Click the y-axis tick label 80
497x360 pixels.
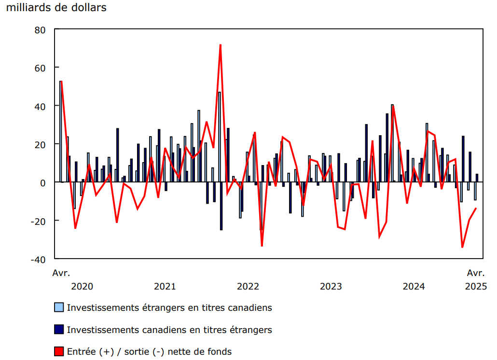pyautogui.click(x=40, y=30)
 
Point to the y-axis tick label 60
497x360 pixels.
pyautogui.click(x=40, y=68)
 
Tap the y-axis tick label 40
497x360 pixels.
pyautogui.click(x=40, y=106)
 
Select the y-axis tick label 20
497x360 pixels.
pyautogui.click(x=40, y=144)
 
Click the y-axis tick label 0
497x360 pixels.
pyautogui.click(x=42, y=182)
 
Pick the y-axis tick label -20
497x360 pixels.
pyautogui.click(x=38, y=221)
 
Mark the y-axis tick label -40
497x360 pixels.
pyautogui.click(x=38, y=259)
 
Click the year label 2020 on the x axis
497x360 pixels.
pyautogui.click(x=82, y=287)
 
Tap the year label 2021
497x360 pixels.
pyautogui.click(x=165, y=287)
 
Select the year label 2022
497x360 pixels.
pyautogui.click(x=248, y=287)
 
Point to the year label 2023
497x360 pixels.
pyautogui.click(x=331, y=287)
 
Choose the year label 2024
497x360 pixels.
pyautogui.click(x=414, y=287)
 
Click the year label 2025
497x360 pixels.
pyautogui.click(x=476, y=287)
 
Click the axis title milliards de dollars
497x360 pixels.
pyautogui.click(x=56, y=8)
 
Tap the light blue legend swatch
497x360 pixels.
pyautogui.click(x=59, y=307)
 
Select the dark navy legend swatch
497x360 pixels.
pyautogui.click(x=59, y=330)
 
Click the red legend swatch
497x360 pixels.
pyautogui.click(x=59, y=351)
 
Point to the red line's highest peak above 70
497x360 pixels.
pyautogui.click(x=220, y=45)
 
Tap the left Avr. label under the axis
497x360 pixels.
pyautogui.click(x=61, y=273)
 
